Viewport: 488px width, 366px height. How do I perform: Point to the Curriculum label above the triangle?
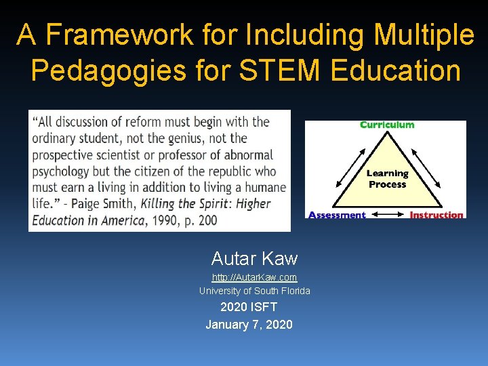(x=387, y=125)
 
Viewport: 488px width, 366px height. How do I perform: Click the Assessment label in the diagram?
(x=337, y=215)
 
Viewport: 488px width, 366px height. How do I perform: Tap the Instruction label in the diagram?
(x=436, y=215)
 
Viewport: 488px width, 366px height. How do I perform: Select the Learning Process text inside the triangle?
(x=387, y=179)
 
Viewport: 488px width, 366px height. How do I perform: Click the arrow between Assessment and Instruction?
(x=387, y=215)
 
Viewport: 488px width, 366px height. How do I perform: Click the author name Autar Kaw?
(x=254, y=258)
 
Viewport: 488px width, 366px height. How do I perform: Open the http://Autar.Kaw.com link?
(x=254, y=277)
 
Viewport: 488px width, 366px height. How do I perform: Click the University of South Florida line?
(x=254, y=291)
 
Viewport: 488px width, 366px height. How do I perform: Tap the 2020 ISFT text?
(x=249, y=307)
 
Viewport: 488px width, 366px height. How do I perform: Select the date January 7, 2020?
(x=249, y=325)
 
